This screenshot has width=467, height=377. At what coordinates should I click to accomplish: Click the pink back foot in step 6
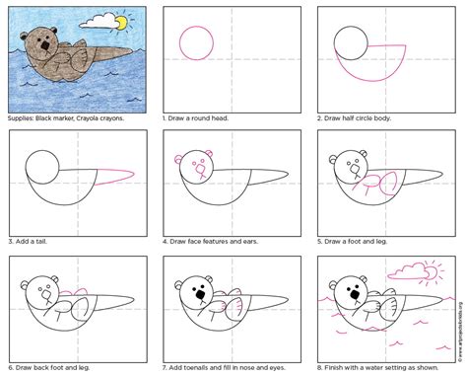(x=69, y=292)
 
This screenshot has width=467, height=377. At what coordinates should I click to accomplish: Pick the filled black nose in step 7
(x=200, y=294)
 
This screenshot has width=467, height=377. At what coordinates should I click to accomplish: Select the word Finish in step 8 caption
(x=339, y=365)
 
